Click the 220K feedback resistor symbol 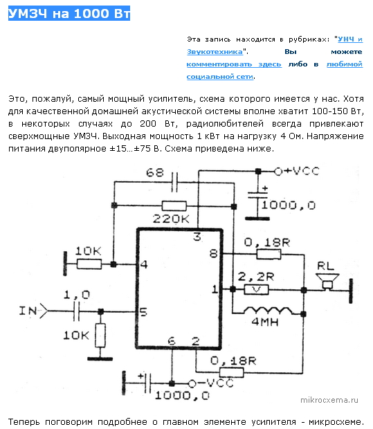[174, 206]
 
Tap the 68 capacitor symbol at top [174, 182]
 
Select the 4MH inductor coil [268, 311]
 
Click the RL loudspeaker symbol [327, 281]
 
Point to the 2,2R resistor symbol [256, 289]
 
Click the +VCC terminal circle [278, 172]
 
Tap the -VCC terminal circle [192, 383]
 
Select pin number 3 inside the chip [197, 237]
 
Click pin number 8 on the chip [213, 254]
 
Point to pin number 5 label [143, 312]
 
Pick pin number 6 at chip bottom [172, 341]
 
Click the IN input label [28, 311]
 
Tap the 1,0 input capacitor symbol [77, 311]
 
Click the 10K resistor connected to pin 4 [89, 264]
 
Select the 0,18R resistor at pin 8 [269, 255]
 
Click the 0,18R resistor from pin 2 [232, 372]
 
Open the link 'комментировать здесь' [234, 64]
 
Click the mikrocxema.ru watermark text [329, 400]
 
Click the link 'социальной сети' [220, 77]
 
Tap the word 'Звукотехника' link [215, 52]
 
